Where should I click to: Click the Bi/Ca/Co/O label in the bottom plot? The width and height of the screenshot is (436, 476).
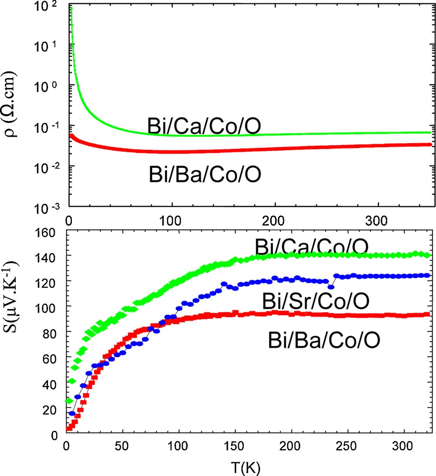point(311,247)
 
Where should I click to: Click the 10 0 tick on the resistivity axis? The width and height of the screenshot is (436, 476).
point(48,87)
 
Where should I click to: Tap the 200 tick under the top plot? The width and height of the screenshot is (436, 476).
point(274,221)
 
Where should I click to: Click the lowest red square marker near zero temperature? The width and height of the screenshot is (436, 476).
point(68,428)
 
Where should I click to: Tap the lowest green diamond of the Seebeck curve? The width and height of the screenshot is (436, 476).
point(68,401)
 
